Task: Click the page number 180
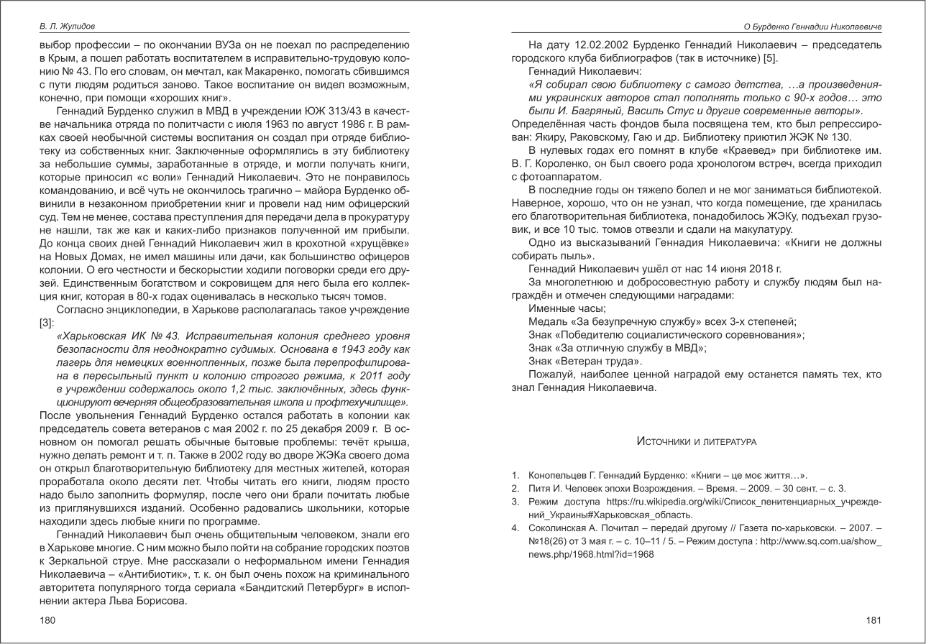(47, 620)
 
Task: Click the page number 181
(874, 620)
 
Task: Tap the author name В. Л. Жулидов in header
(67, 27)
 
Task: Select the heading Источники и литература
(696, 441)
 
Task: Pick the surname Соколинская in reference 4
(557, 528)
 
